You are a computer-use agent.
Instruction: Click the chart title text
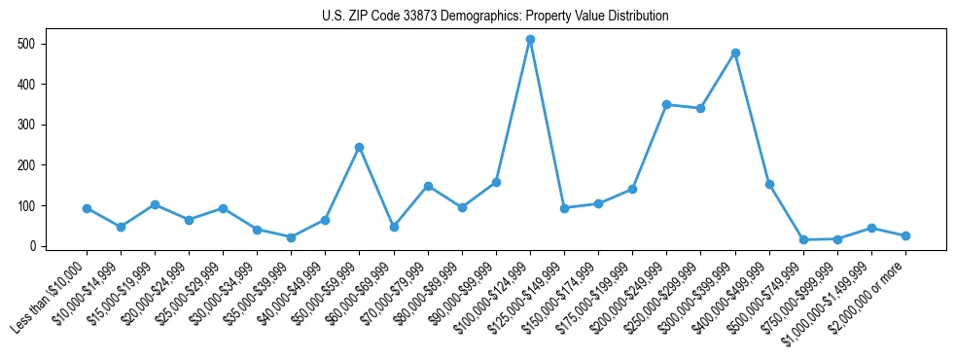pyautogui.click(x=495, y=17)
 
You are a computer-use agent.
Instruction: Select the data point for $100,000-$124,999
pyautogui.click(x=530, y=40)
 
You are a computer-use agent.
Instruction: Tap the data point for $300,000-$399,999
pyautogui.click(x=735, y=53)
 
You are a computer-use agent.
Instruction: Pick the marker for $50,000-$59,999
pyautogui.click(x=360, y=147)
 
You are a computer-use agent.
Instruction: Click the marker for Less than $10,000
pyautogui.click(x=87, y=208)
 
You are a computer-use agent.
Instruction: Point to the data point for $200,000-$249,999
pyautogui.click(x=666, y=104)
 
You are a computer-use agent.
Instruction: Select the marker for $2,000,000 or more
pyautogui.click(x=905, y=235)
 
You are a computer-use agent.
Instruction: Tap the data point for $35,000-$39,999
pyautogui.click(x=292, y=237)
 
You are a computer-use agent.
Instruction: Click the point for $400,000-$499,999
pyautogui.click(x=769, y=184)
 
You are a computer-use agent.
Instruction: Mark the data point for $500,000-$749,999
pyautogui.click(x=803, y=239)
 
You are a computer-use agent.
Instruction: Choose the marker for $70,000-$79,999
pyautogui.click(x=428, y=186)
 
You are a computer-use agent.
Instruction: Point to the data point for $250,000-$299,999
pyautogui.click(x=701, y=108)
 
